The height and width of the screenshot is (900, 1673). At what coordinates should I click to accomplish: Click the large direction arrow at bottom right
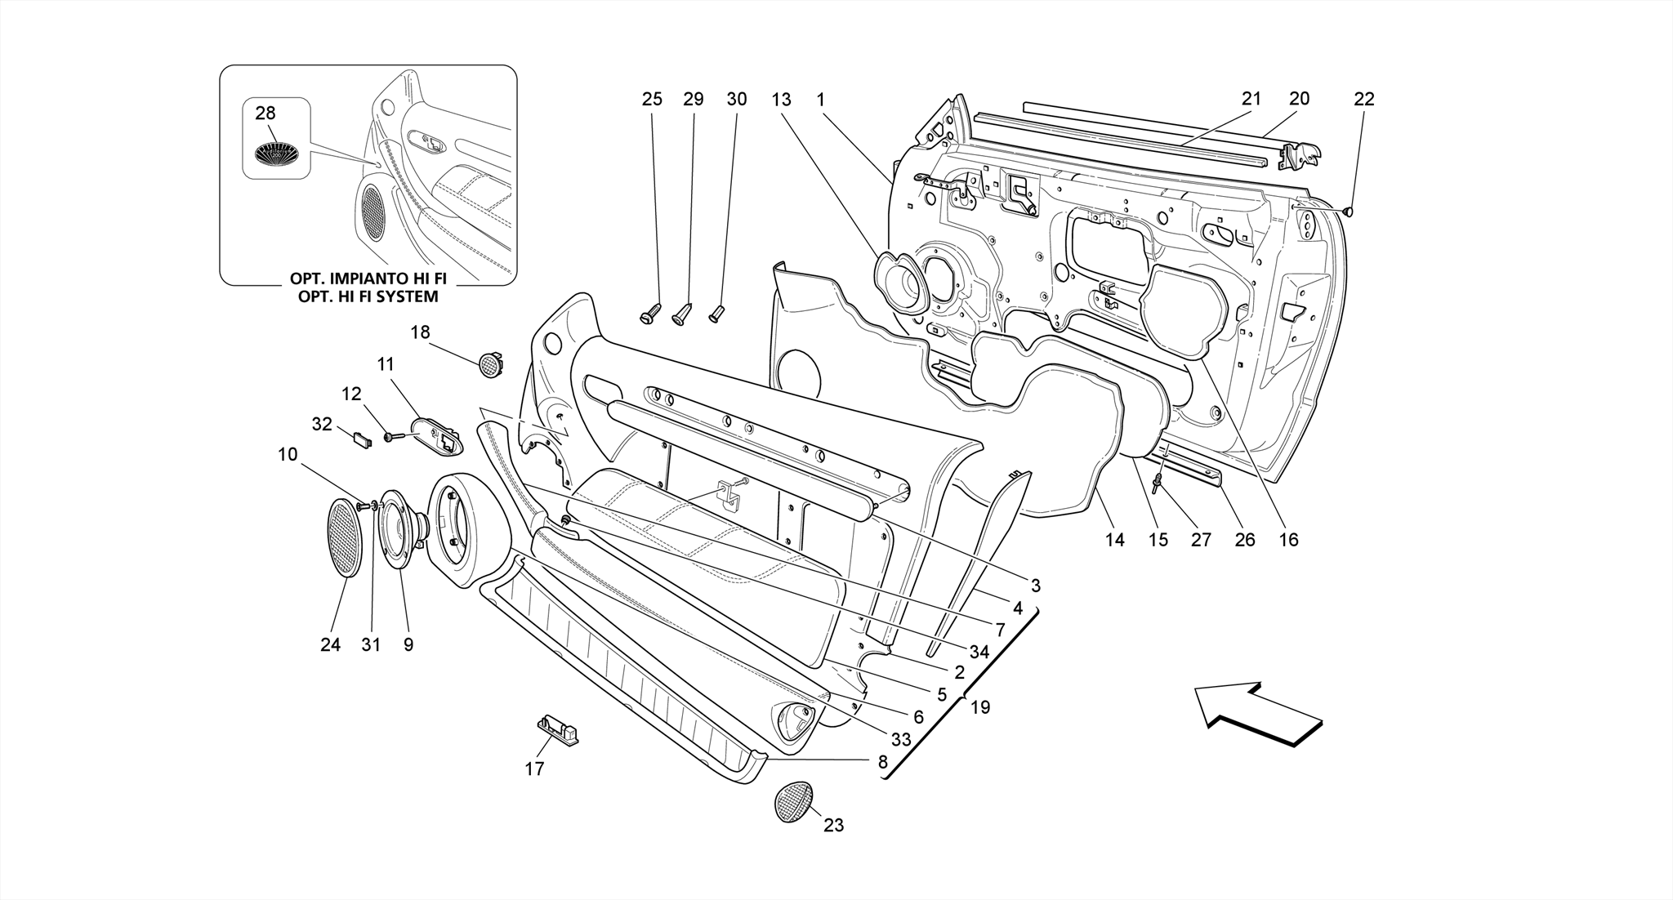point(1258,713)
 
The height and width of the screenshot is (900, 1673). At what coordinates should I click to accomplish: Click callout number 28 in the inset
point(265,114)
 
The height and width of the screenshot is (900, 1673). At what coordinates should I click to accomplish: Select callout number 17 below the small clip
point(534,769)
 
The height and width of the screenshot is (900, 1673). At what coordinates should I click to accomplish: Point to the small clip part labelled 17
point(557,728)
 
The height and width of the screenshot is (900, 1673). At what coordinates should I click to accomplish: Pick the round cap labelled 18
point(489,363)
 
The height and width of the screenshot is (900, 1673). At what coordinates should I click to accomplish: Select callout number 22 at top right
point(1364,100)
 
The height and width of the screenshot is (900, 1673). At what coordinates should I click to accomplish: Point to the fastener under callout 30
point(716,313)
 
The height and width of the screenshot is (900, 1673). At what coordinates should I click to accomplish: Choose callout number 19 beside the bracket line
point(979,707)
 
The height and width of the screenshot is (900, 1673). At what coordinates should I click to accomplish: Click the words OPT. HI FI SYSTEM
point(368,296)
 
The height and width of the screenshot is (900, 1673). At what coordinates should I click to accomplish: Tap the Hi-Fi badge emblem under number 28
point(276,153)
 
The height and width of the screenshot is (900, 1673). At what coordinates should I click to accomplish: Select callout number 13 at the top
point(781,100)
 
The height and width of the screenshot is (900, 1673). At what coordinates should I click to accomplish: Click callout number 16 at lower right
point(1288,540)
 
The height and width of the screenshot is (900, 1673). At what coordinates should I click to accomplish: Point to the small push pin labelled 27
point(1158,483)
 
